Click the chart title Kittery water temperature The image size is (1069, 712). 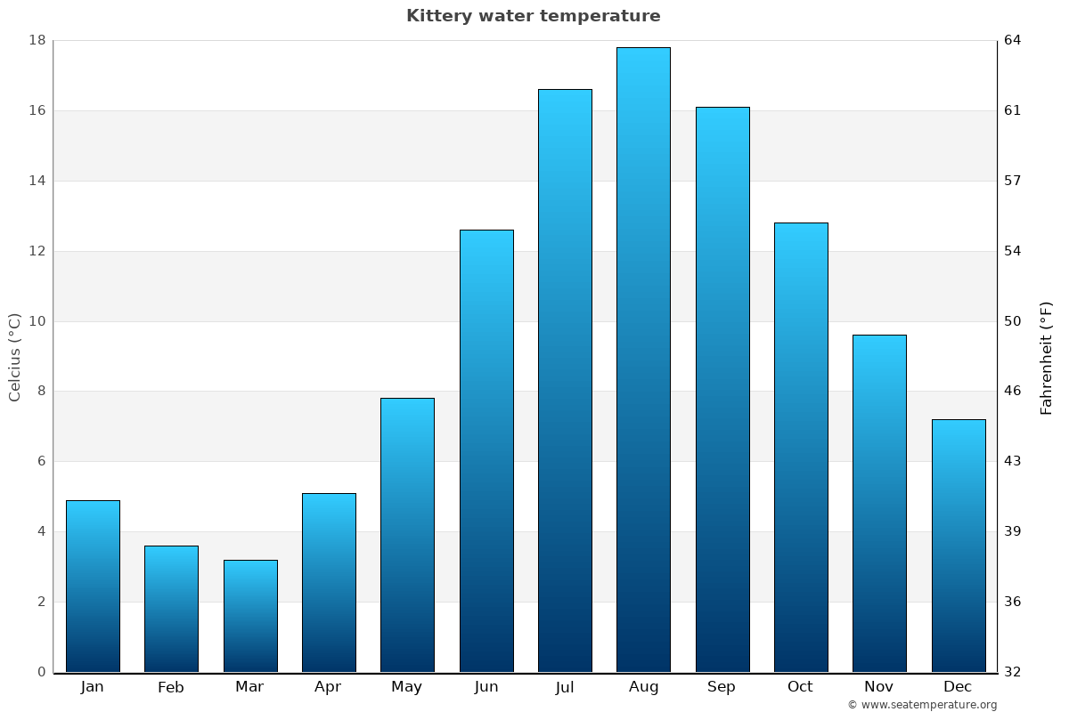pos(534,16)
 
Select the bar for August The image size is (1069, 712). pos(643,360)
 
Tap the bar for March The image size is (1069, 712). pos(250,616)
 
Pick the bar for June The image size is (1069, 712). pos(486,450)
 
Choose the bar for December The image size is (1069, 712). pos(959,546)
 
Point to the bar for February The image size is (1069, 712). pos(171,609)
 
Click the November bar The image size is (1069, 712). pos(879,503)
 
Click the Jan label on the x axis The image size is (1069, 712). pos(93,687)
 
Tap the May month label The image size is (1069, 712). pos(407,687)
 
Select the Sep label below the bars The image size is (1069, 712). pos(722,687)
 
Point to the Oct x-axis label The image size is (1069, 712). pos(800,687)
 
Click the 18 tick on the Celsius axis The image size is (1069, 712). pos(37,40)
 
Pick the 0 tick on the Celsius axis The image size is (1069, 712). pos(41,672)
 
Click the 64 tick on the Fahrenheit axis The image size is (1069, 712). pos(1013,40)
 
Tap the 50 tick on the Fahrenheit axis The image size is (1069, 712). pos(1013,321)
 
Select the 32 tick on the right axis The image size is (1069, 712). pos(1013,672)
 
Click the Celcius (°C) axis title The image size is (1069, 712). pos(15,357)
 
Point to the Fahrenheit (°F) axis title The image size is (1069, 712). pos(1047,358)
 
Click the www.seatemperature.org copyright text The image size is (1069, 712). pos(922,705)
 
